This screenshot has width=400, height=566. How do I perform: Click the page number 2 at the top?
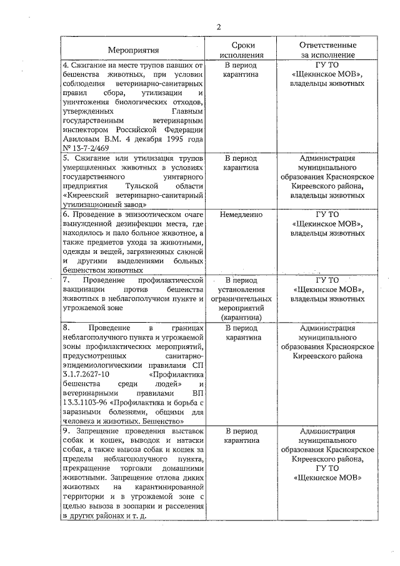[x=219, y=26]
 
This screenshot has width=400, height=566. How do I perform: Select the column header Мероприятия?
[x=132, y=50]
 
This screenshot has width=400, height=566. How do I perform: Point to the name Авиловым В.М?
[x=86, y=139]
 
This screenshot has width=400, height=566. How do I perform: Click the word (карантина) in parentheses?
[x=241, y=317]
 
